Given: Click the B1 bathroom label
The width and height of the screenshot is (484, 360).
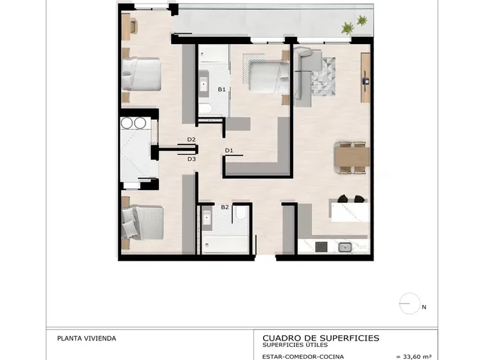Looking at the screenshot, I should (x=221, y=89).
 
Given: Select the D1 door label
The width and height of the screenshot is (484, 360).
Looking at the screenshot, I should (x=228, y=151).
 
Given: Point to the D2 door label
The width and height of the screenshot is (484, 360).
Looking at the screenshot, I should (x=191, y=140).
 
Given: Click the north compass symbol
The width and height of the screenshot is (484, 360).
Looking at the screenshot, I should (x=410, y=304).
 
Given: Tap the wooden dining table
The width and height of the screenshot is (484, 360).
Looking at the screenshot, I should (x=352, y=158).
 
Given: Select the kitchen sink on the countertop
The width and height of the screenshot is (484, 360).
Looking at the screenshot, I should (x=344, y=247).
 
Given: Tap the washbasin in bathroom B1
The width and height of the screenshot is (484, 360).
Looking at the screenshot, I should (x=205, y=85).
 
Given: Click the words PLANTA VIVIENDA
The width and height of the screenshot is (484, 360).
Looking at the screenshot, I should (x=86, y=339).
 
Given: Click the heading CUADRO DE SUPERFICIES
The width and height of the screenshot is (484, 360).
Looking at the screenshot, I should (x=321, y=338).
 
